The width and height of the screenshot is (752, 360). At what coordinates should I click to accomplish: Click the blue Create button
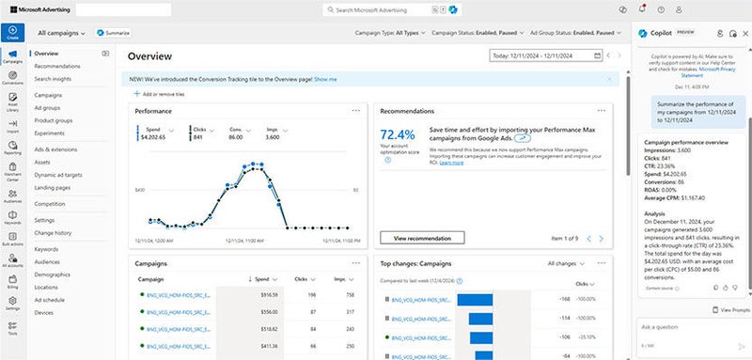point(12,32)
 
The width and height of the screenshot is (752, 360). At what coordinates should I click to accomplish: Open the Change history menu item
point(53,231)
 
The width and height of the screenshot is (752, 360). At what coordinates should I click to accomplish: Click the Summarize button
point(112,33)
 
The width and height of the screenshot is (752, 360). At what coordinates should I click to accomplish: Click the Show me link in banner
point(324,80)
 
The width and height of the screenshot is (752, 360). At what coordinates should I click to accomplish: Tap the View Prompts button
point(730,309)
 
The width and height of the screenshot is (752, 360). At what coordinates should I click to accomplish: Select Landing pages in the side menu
point(53,188)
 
